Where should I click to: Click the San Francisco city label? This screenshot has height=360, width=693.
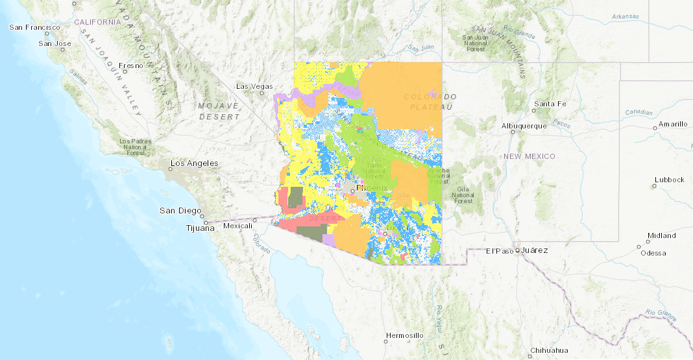point(34,27)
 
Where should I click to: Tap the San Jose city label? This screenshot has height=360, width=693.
point(55,43)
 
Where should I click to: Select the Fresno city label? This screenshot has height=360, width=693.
point(130,66)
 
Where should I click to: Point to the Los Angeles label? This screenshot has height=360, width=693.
point(194,163)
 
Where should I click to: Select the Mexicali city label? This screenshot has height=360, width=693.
point(236,226)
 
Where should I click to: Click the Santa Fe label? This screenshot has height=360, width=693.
point(550,104)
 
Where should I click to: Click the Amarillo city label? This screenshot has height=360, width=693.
point(673,124)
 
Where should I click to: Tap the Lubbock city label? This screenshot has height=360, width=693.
point(669,180)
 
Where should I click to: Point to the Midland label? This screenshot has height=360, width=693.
point(661,235)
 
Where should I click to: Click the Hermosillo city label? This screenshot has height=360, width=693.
point(404,335)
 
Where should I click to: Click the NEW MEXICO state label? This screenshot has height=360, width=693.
point(530,156)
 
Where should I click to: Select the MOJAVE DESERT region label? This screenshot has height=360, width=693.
point(219,111)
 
